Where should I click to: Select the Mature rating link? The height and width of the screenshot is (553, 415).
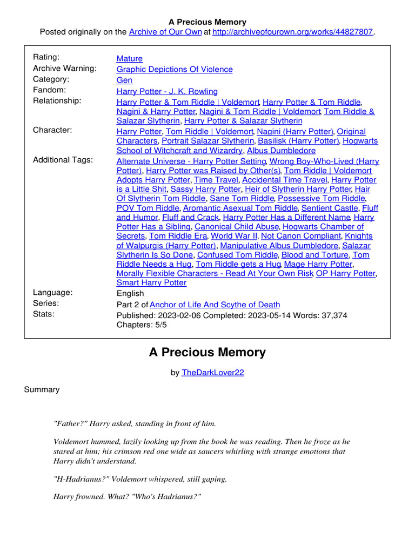click(x=130, y=58)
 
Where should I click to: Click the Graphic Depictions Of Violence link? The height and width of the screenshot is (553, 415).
click(x=175, y=69)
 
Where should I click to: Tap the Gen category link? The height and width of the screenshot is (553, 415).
click(x=124, y=80)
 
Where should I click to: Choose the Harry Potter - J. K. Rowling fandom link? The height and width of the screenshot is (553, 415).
click(x=167, y=91)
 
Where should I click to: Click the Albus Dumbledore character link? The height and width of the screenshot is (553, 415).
click(x=281, y=151)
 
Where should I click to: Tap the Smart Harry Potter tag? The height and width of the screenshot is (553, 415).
click(x=151, y=282)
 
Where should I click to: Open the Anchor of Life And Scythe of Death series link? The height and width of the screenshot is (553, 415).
click(x=215, y=305)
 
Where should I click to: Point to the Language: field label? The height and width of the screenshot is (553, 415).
click(x=52, y=292)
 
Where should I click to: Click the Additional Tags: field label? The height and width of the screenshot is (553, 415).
click(x=63, y=160)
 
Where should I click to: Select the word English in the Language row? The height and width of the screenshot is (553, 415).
click(x=130, y=293)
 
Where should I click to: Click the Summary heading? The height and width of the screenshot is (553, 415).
click(x=42, y=389)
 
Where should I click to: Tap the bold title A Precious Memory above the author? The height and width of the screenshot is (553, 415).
click(x=207, y=353)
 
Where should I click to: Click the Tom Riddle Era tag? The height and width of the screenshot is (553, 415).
click(x=178, y=236)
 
